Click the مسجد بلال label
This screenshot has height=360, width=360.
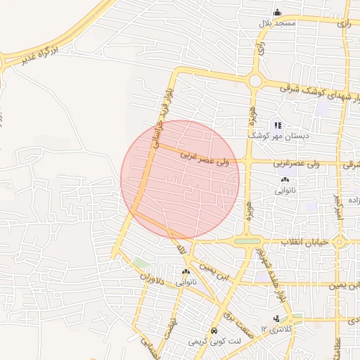point(278,23)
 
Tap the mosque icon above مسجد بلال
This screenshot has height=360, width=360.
point(277,12)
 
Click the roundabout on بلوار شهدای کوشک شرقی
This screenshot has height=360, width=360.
point(255,81)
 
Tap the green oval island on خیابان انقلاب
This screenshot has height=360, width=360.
point(247,242)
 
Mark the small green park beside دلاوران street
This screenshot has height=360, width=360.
point(141,263)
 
